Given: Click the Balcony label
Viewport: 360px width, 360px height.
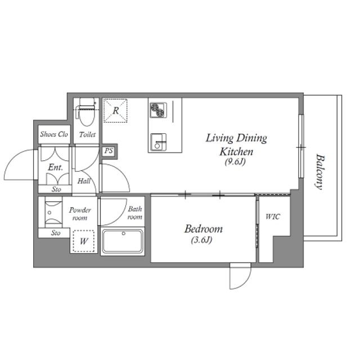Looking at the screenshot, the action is pos(319,172).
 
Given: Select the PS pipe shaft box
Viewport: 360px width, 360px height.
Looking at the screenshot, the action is pos(109,151).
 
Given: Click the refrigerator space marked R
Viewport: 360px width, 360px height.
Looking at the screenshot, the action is pos(115,111).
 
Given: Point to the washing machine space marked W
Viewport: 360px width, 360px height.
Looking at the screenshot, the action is pos(84,241).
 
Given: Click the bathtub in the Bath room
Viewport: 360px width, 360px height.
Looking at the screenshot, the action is pos(123,241).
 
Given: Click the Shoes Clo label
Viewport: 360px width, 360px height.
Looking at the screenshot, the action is pos(54,134).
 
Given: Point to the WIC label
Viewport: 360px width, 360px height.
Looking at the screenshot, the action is pos(272,217).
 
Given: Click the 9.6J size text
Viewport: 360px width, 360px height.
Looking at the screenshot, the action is pos(235,162).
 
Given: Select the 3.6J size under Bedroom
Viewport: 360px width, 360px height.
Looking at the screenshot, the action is pos(201,240).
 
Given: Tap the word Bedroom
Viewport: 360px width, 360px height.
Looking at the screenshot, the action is pos(204,229).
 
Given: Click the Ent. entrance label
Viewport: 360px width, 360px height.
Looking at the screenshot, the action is pos(55,168).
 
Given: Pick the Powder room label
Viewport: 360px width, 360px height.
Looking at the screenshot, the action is pos(80,214).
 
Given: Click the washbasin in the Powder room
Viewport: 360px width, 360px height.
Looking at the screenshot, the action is pos(53,213).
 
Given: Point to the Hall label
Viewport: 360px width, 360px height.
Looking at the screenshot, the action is pos(84,181).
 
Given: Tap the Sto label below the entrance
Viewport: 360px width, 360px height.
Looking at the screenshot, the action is pos(56,190).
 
